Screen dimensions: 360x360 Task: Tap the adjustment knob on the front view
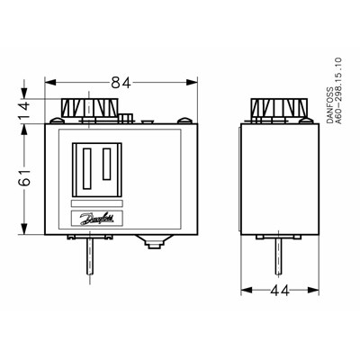click(87, 111)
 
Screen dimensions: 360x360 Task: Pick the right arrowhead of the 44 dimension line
click(301, 291)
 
